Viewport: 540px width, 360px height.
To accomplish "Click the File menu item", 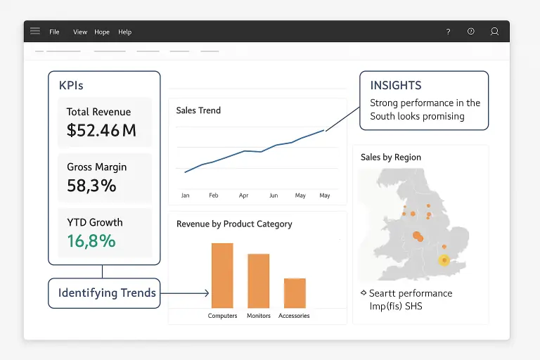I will [54, 32].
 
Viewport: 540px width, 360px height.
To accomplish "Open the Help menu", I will [124, 32].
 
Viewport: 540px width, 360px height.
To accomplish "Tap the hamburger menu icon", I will [35, 31].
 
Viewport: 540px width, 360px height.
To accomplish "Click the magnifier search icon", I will [494, 32].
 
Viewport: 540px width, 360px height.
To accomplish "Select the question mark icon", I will [448, 32].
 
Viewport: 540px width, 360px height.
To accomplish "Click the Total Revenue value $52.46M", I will [101, 130].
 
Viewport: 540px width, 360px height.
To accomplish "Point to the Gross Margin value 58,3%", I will [91, 186].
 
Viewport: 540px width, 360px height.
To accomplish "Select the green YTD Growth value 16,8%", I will [91, 241].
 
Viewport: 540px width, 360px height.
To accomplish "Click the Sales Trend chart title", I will [198, 110].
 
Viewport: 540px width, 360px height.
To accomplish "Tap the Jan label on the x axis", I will [185, 195].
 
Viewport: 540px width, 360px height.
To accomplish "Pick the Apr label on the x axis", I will [243, 195].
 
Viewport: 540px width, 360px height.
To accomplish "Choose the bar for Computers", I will [222, 275].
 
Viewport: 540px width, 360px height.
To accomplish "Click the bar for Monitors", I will [259, 281].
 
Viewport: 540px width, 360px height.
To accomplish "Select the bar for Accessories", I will [295, 292].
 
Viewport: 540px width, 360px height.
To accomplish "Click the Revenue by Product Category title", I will [234, 224].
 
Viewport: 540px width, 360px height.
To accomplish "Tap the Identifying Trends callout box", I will [104, 293].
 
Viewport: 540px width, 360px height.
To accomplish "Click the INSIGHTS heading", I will [396, 85].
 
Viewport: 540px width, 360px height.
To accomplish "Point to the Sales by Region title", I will [391, 157].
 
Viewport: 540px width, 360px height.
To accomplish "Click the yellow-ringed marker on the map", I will [444, 261].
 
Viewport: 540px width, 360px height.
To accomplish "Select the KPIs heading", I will [71, 85].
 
